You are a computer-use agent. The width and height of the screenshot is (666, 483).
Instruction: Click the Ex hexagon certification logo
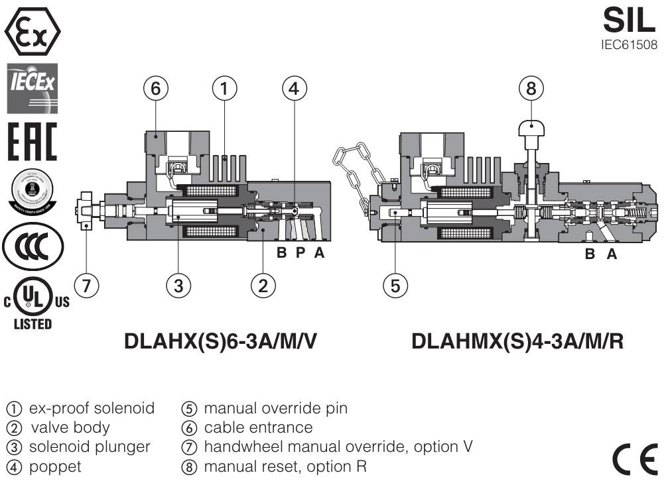pos(33,30)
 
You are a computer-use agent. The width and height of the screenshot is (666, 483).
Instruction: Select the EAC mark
pos(32,140)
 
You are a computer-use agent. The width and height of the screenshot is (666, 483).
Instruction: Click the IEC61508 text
pos(628,46)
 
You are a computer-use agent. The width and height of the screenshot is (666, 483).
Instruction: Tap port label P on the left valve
pos(300,253)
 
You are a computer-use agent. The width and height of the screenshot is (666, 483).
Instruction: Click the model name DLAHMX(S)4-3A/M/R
pos(517,342)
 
